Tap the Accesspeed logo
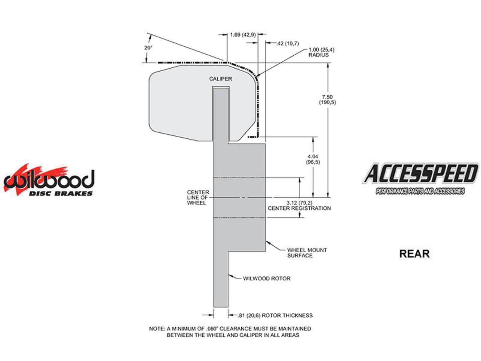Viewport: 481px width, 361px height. pos(420,179)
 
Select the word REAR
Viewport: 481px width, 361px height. pos(414,254)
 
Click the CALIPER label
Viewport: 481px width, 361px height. pos(220,79)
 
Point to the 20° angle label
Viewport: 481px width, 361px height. pos(148,48)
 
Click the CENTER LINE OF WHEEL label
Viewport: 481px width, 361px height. pos(198,197)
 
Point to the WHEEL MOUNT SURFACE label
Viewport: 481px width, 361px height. pos(307,253)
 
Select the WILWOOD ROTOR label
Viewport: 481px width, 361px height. pos(266,279)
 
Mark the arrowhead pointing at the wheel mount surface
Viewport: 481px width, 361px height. pos(268,243)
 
